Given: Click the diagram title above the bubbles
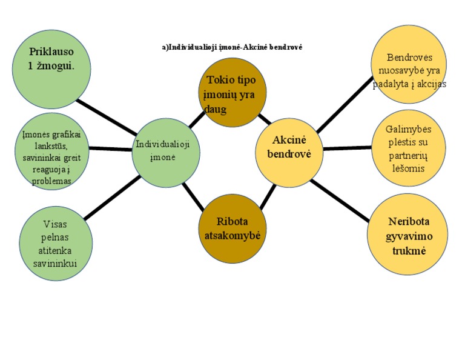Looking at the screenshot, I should pos(231,47).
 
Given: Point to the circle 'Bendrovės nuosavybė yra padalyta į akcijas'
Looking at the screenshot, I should pos(408,64).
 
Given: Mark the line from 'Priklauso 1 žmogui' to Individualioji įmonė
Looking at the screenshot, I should pos(109,117).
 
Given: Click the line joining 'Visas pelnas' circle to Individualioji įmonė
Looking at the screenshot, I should pos(112,198).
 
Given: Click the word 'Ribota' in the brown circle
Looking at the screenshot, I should pos(232,221).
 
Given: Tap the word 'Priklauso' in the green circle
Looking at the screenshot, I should pos(51,52).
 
